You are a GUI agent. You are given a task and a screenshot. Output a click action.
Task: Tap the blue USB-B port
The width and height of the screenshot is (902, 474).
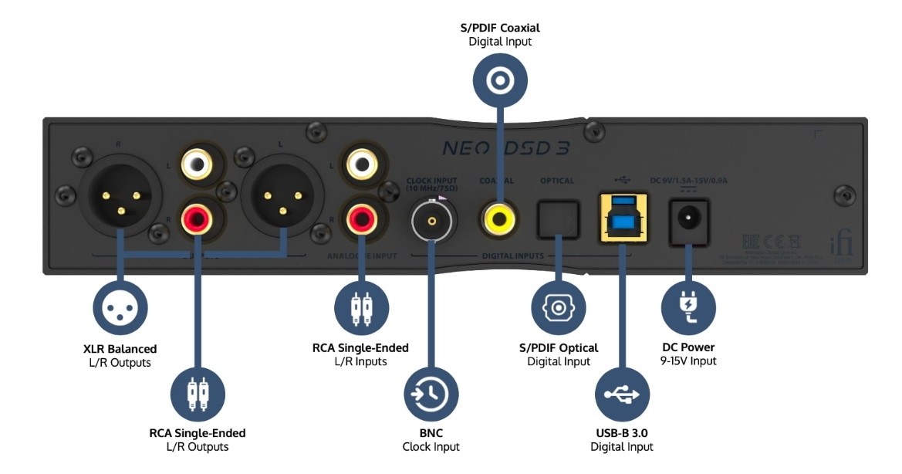[623, 217]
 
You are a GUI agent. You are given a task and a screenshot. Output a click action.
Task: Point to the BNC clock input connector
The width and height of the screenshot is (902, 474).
[432, 222]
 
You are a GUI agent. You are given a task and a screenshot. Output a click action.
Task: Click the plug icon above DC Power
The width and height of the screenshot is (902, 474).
[689, 306]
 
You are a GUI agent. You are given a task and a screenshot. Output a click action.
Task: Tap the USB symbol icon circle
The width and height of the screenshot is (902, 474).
[622, 394]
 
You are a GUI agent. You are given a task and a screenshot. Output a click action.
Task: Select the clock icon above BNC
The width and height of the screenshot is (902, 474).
[431, 394]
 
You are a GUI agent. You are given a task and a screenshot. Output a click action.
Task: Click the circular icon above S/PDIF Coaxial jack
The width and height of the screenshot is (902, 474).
[500, 80]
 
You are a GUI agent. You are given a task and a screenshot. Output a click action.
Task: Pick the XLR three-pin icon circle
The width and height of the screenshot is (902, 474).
[120, 306]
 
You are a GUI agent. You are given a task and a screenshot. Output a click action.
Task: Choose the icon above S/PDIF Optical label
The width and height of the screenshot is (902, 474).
[558, 307]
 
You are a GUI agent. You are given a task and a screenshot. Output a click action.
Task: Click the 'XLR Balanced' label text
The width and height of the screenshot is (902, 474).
[120, 349]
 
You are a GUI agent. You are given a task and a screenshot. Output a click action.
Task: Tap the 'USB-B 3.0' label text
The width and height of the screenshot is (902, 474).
[622, 434]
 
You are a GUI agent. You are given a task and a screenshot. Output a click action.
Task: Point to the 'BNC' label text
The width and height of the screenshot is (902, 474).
[431, 434]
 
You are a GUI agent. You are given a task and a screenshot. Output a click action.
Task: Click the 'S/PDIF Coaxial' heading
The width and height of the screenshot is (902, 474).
[500, 29]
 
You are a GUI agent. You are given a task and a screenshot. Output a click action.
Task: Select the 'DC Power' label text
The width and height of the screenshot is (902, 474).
[688, 347]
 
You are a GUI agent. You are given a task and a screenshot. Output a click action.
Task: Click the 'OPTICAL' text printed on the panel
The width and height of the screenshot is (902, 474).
[556, 181]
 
